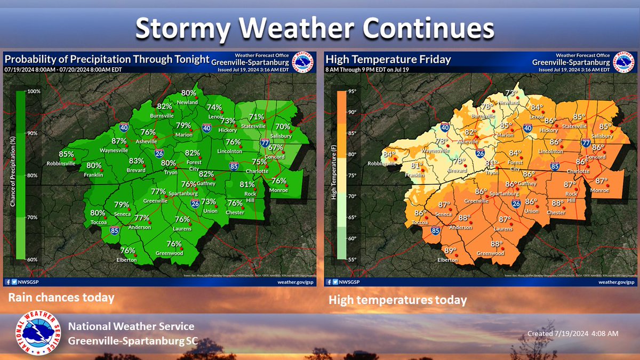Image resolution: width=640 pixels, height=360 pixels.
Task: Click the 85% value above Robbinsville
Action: pos(67,154)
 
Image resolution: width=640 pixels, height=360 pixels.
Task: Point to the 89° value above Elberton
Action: pos(451,251)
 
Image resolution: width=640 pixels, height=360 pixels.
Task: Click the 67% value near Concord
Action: pos(276,147)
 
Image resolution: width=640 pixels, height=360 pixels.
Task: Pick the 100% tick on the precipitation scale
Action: pos(34,92)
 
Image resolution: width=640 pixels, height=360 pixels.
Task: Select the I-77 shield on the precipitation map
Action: pos(265,142)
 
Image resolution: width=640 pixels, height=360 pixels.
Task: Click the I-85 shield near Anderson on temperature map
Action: pos(436,231)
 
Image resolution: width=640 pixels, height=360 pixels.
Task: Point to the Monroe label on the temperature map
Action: pos(599,190)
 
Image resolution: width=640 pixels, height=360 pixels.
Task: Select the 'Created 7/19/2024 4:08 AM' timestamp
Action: pos(572,333)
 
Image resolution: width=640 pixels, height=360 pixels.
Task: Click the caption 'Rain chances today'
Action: pos(61,298)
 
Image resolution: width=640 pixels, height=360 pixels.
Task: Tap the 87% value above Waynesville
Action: pos(119,141)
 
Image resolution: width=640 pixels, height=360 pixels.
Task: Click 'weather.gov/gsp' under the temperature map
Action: pos(616,282)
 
